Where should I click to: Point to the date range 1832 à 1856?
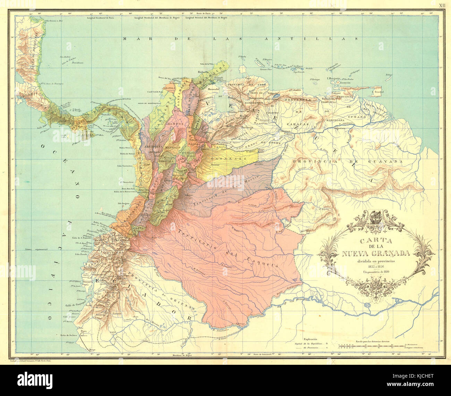pos(376,266)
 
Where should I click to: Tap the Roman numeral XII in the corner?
pos(441,5)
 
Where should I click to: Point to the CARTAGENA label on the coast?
pos(156,92)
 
